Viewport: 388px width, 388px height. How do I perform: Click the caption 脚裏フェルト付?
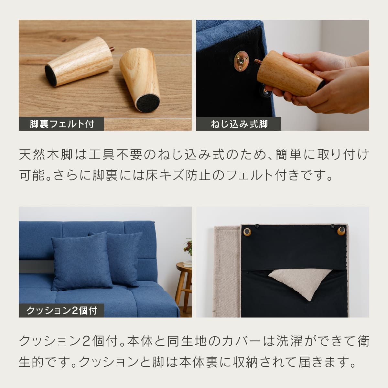coord(62,124)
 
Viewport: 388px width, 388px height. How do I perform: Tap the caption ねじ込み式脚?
coord(239,124)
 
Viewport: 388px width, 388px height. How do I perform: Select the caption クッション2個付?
coord(62,311)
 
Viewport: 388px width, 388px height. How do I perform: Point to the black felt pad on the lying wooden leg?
coord(50,75)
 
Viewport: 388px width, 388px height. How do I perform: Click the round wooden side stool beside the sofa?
coord(184,286)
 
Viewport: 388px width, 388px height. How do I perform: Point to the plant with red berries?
coord(188,247)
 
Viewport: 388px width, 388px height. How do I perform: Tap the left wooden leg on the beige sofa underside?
coord(247,232)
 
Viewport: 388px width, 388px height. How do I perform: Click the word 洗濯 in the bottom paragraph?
coord(289,341)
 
